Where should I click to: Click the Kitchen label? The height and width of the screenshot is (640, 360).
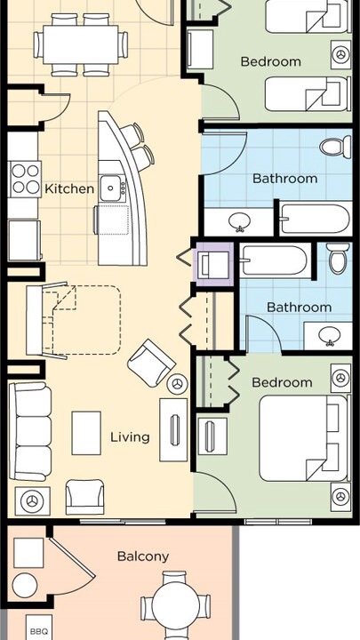point(69,189)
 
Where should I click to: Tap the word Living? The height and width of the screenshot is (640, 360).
point(130,437)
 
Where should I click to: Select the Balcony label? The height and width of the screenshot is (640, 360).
point(143,556)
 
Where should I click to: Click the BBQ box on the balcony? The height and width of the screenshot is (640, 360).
point(39,628)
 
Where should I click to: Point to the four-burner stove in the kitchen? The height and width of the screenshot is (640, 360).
point(26,180)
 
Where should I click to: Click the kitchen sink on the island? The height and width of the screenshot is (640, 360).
point(111,188)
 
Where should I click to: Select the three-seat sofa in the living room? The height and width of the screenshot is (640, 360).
point(30,432)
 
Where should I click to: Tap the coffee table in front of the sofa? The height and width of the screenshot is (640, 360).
point(86,433)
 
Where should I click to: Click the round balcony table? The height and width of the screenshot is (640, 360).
point(175,604)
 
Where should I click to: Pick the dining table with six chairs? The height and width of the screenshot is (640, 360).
point(80,44)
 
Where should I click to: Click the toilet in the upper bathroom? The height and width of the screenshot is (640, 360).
point(335,148)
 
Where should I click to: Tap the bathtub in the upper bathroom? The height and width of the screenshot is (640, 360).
point(315,219)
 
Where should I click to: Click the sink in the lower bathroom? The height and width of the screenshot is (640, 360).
point(330,336)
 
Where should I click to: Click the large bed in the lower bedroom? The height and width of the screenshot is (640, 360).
point(304,438)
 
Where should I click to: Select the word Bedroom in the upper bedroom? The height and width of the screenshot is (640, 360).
point(270,61)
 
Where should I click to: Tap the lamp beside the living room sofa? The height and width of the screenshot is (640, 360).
point(32,500)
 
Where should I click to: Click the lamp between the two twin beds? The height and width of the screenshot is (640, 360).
point(340,54)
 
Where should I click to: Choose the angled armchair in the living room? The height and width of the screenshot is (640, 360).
point(151,364)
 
